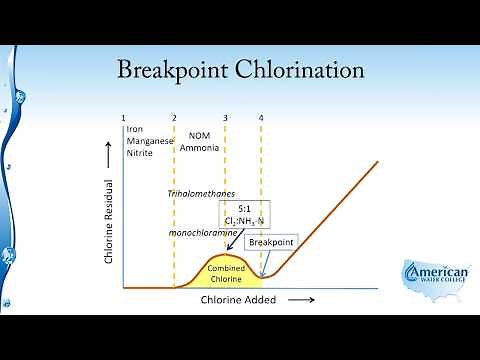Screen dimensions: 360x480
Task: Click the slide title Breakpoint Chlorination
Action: [240, 71]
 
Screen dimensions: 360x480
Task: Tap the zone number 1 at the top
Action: [123, 119]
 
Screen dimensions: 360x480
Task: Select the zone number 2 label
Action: [174, 119]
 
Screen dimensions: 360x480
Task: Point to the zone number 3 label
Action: [225, 119]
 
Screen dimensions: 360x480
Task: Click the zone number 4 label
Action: [261, 119]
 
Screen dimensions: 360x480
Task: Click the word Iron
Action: [135, 131]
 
